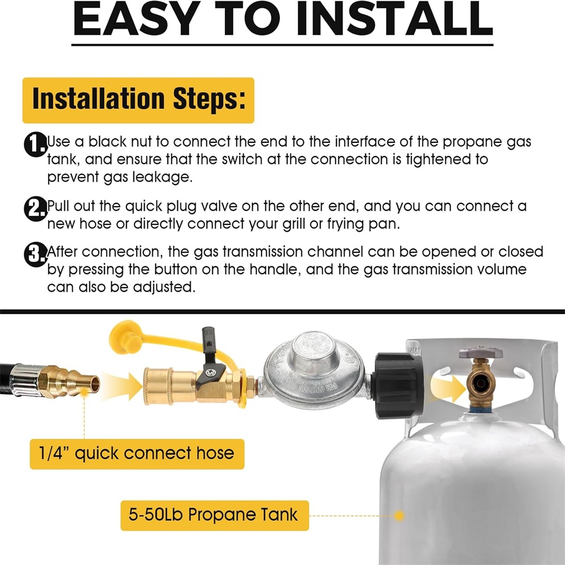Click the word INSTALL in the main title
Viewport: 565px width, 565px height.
[394, 19]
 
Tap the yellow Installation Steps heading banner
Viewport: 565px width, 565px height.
[138, 100]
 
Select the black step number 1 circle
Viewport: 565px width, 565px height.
[35, 145]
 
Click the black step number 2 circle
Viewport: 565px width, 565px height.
[35, 208]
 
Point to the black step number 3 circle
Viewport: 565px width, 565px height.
[35, 255]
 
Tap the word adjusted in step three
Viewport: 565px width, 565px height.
[164, 288]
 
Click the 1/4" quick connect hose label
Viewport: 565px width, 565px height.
[137, 454]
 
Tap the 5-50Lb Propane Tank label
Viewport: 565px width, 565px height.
[214, 515]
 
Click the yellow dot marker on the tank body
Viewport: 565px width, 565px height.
[398, 516]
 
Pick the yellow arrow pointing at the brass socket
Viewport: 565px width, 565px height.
[123, 386]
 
